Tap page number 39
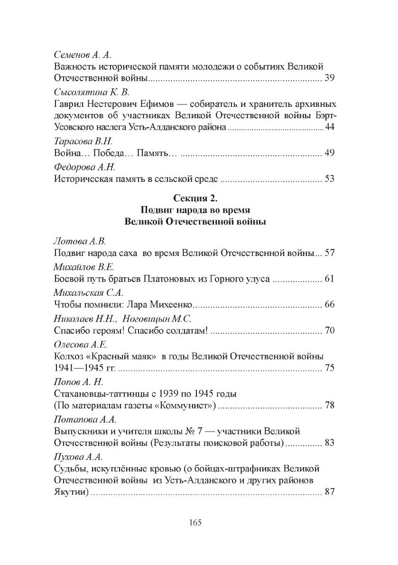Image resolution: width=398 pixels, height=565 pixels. pyautogui.click(x=330, y=78)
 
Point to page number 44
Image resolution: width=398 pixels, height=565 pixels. pyautogui.click(x=330, y=128)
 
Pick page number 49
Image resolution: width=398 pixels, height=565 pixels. pyautogui.click(x=330, y=153)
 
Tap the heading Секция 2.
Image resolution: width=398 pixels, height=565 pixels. pyautogui.click(x=195, y=198)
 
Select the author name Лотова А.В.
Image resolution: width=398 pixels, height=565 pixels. pyautogui.click(x=78, y=241)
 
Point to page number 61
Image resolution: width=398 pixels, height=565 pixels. pyautogui.click(x=330, y=279)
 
